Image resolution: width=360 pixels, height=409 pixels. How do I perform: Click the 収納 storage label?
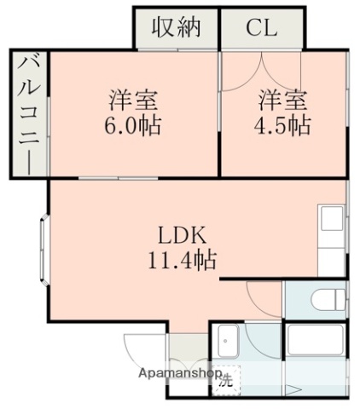(176, 27)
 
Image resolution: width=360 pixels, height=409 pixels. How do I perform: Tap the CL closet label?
(261, 27)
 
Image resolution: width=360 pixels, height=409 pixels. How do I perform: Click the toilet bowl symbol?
(329, 300)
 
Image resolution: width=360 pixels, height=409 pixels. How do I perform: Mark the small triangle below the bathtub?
(291, 391)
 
